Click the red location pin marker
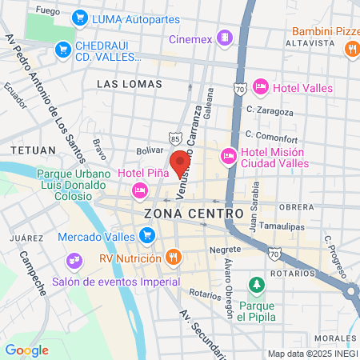180,161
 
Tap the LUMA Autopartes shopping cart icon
79,17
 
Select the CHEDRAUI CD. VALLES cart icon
63,50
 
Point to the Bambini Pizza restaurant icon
351,49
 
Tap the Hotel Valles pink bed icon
260,86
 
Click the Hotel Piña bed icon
140,190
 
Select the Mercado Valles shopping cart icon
146,235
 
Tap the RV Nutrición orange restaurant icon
173,258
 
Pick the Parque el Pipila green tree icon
256,286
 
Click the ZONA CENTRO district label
194,214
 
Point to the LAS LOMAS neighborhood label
122,83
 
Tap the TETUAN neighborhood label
34,150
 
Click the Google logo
26,350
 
